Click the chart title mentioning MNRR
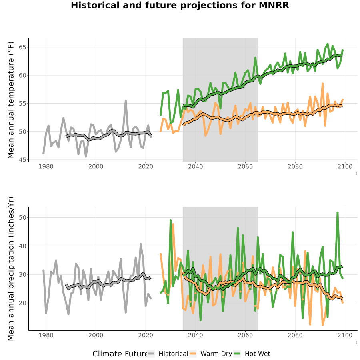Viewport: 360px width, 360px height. tap(180, 5)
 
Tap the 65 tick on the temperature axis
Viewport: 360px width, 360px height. tap(22, 47)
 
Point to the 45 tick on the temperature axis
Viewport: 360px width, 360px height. tap(22, 160)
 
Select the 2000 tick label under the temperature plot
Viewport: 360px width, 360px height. tap(96, 166)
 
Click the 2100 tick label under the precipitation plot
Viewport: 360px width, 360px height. tap(345, 335)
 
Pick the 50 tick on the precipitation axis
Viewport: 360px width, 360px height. tap(22, 217)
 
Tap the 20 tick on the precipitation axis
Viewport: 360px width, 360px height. tap(22, 303)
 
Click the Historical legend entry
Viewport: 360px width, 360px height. tap(168, 354)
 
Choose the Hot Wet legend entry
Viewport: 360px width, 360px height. tap(252, 354)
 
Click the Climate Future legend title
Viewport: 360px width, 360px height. tap(120, 354)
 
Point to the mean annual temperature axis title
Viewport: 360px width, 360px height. tap(11, 100)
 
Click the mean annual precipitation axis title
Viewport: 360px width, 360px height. tap(11, 269)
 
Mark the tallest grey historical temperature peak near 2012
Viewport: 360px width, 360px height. tap(126, 101)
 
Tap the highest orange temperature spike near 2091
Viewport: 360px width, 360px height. tap(322, 84)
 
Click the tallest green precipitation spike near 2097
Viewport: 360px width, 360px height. tap(338, 213)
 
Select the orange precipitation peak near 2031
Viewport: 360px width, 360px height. tap(173, 224)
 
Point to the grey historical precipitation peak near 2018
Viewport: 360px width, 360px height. tap(141, 244)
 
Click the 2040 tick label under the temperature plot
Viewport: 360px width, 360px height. tap(195, 166)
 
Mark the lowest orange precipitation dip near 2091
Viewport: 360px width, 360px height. tap(322, 325)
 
